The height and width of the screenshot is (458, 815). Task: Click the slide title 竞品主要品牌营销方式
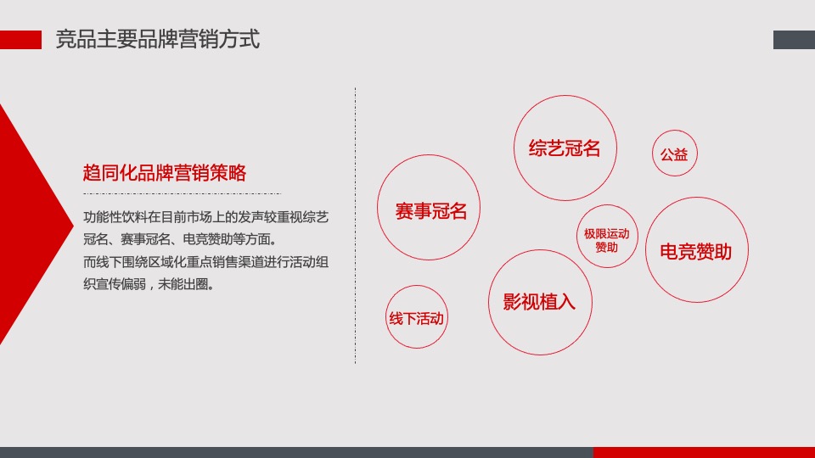click(157, 39)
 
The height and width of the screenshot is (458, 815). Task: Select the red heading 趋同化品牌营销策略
click(165, 173)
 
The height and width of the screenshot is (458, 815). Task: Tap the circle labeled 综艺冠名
click(565, 148)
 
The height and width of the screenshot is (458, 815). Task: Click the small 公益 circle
click(674, 154)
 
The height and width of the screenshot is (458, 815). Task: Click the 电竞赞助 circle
click(695, 251)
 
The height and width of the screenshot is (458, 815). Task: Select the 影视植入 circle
click(540, 302)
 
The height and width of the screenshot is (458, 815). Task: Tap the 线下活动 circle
click(416, 318)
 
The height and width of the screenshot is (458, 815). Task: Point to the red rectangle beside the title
click(20, 40)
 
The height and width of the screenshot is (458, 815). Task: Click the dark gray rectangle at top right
click(794, 40)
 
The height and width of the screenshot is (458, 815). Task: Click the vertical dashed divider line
click(355, 225)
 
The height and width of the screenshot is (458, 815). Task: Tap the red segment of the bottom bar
click(704, 452)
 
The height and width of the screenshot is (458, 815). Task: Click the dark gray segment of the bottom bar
click(296, 452)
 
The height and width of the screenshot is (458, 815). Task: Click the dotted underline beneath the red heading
click(165, 193)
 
